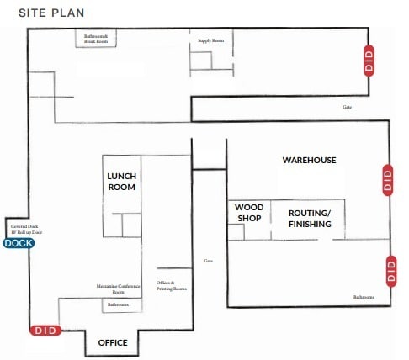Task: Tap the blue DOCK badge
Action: click(19, 243)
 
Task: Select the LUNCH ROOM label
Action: click(121, 182)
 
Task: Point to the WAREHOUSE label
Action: click(309, 160)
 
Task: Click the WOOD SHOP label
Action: click(248, 213)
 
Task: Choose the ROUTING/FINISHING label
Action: click(310, 219)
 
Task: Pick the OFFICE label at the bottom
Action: click(113, 343)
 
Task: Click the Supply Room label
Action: click(210, 40)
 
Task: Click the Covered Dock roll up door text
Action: click(26, 229)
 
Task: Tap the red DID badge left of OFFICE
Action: click(45, 331)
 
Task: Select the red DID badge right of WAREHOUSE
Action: click(388, 180)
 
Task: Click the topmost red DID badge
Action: click(368, 61)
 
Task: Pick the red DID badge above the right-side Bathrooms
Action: click(390, 269)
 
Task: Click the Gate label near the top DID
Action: click(346, 107)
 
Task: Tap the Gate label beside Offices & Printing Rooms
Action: click(208, 261)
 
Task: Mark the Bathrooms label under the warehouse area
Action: click(364, 297)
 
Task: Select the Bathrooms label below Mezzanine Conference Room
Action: click(118, 304)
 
